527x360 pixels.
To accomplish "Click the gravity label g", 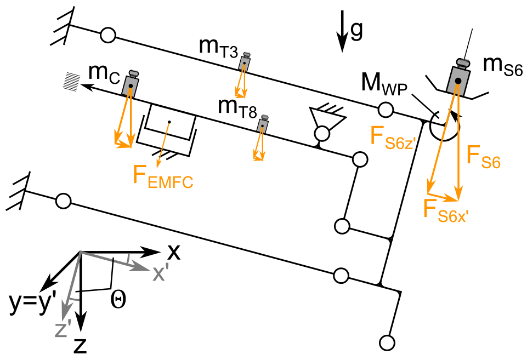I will (x=356, y=32).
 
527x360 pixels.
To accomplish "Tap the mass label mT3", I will (x=218, y=48).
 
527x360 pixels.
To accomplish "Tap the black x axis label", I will (x=173, y=252).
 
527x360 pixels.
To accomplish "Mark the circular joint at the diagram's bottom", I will (x=387, y=343).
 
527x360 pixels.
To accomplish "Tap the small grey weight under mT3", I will (x=244, y=63).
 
